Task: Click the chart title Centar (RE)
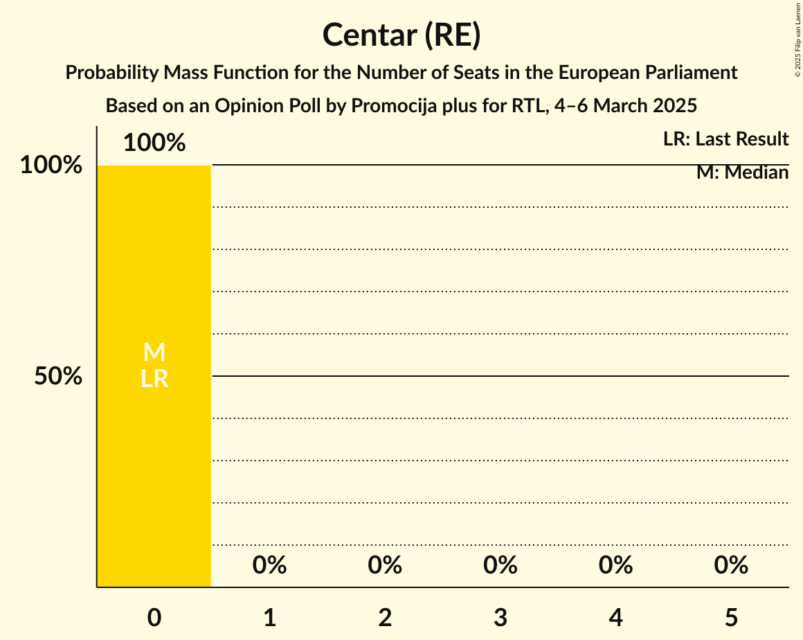[x=401, y=35]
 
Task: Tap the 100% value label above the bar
[x=154, y=143]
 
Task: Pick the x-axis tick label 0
[x=154, y=617]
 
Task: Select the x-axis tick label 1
[x=270, y=617]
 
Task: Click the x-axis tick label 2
[x=385, y=617]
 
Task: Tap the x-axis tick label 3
[x=500, y=617]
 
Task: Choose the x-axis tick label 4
[x=616, y=617]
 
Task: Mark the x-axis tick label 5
[x=731, y=617]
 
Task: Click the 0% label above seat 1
[x=270, y=565]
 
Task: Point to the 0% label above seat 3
[x=500, y=565]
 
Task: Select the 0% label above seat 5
[x=731, y=565]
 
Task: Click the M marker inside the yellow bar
[x=154, y=353]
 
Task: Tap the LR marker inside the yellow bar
[x=154, y=379]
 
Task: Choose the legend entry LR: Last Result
[x=725, y=139]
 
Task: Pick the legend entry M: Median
[x=742, y=172]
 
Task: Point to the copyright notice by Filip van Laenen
[x=797, y=39]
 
